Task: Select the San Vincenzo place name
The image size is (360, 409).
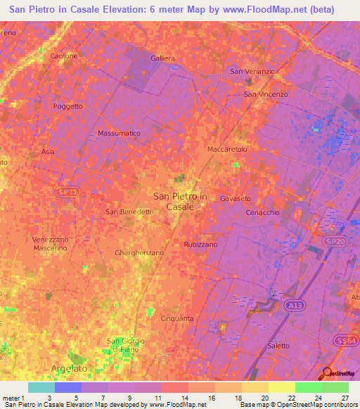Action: [x=266, y=94]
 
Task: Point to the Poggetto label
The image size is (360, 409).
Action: [x=68, y=106]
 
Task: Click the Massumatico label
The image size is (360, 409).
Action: [x=120, y=133]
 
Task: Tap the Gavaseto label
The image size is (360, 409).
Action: [x=236, y=199]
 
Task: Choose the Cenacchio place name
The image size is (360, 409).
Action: [x=263, y=212]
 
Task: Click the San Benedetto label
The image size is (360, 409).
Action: [x=129, y=212]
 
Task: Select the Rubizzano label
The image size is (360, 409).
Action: [x=200, y=244]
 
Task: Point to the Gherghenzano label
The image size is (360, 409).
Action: [x=139, y=252]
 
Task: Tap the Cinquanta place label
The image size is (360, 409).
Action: [x=177, y=318]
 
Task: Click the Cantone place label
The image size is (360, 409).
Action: [x=64, y=56]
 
